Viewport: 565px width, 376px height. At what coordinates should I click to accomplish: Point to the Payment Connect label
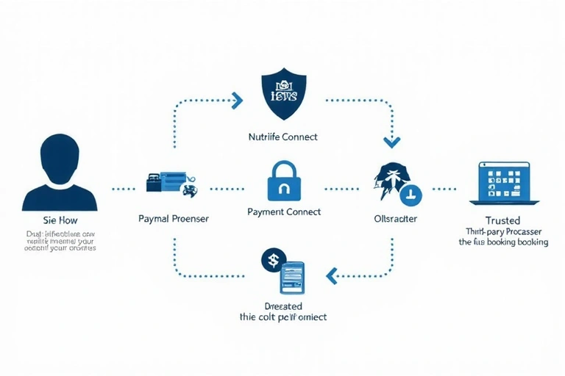284,212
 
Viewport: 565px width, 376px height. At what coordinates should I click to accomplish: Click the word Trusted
503,220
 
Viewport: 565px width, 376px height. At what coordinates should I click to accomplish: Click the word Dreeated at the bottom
283,305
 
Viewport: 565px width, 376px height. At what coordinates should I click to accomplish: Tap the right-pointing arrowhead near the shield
237,98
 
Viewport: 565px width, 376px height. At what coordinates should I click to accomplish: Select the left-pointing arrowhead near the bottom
331,275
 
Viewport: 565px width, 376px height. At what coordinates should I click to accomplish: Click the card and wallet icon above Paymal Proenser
171,183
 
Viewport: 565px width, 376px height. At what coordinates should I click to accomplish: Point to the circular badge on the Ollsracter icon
410,194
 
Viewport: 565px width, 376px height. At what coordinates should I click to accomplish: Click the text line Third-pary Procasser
503,231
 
